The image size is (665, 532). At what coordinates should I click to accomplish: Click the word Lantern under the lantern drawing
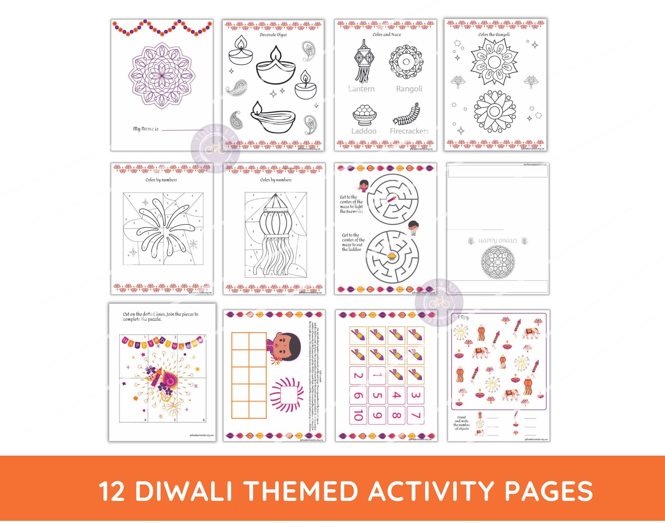click(x=361, y=89)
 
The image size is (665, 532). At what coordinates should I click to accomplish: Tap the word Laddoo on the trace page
click(x=364, y=131)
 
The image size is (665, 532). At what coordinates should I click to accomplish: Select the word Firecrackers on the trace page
click(x=409, y=131)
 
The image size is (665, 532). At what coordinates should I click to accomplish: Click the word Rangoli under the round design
click(x=409, y=89)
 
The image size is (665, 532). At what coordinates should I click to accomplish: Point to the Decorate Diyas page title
click(x=273, y=35)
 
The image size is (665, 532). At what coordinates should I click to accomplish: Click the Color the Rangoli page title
click(x=494, y=35)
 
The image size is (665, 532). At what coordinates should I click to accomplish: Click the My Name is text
click(x=146, y=129)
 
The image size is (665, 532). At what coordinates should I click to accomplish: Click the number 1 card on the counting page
click(x=377, y=375)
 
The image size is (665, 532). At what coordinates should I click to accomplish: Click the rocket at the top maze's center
click(x=391, y=199)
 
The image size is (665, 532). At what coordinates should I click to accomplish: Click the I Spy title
click(x=463, y=317)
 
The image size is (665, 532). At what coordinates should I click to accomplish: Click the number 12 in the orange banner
click(x=112, y=491)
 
